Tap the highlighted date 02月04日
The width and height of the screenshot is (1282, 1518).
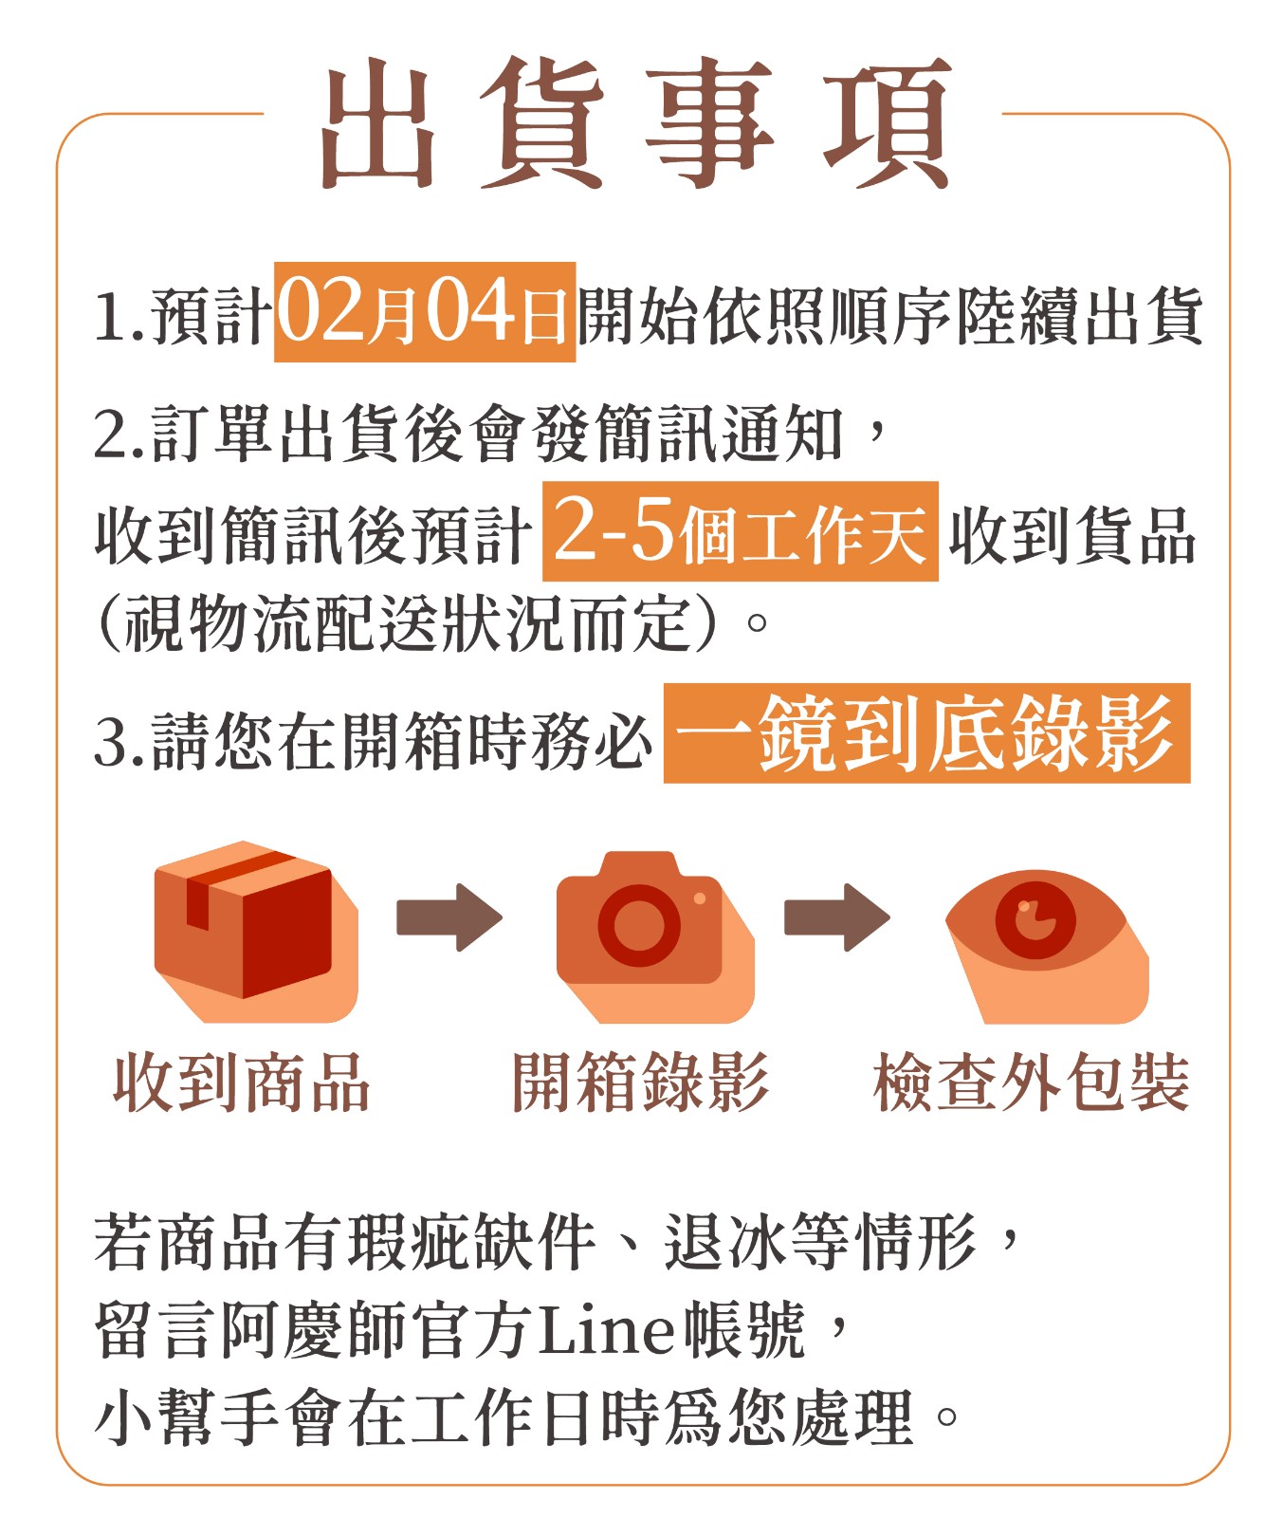(x=425, y=312)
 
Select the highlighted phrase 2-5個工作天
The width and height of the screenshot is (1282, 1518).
(x=740, y=531)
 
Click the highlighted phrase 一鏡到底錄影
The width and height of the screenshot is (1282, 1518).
(x=926, y=732)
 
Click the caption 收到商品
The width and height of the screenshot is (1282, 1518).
(x=241, y=1083)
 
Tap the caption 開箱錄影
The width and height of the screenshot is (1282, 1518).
(x=640, y=1083)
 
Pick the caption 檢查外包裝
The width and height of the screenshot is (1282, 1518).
(x=1032, y=1083)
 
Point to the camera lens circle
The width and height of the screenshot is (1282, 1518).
(x=639, y=925)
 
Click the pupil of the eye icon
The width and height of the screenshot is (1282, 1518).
(x=1035, y=918)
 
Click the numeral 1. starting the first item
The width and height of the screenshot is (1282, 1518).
(x=120, y=316)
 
